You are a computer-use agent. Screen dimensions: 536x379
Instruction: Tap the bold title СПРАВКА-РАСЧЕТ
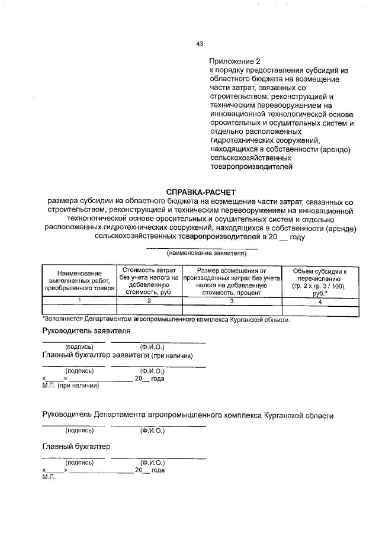coord(201,192)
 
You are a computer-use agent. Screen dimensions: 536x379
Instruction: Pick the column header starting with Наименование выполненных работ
coord(80,280)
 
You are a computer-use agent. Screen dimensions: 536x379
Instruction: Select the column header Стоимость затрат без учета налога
coord(150,280)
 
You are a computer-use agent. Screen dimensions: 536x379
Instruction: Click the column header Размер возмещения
coord(232,280)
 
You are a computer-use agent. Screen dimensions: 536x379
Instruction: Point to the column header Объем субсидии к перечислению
coord(320,280)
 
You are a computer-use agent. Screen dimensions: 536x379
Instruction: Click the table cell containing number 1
coord(80,301)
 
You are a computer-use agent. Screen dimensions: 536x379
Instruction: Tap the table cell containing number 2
coord(150,301)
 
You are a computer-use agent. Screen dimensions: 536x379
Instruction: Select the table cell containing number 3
coord(232,301)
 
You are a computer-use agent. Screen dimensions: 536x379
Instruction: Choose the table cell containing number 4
coord(320,301)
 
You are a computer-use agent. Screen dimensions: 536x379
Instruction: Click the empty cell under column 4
coord(320,310)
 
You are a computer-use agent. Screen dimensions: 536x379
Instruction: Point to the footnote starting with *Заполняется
coord(166,320)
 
